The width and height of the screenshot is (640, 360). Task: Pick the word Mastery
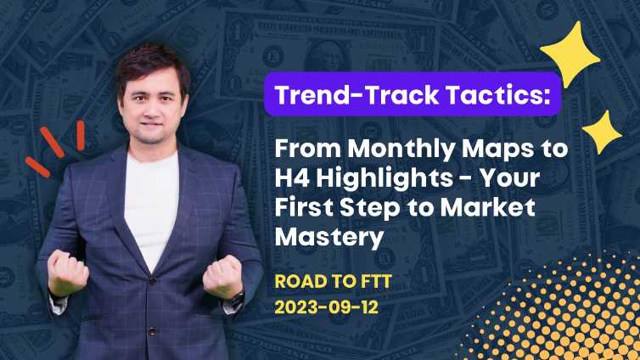point(328,239)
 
